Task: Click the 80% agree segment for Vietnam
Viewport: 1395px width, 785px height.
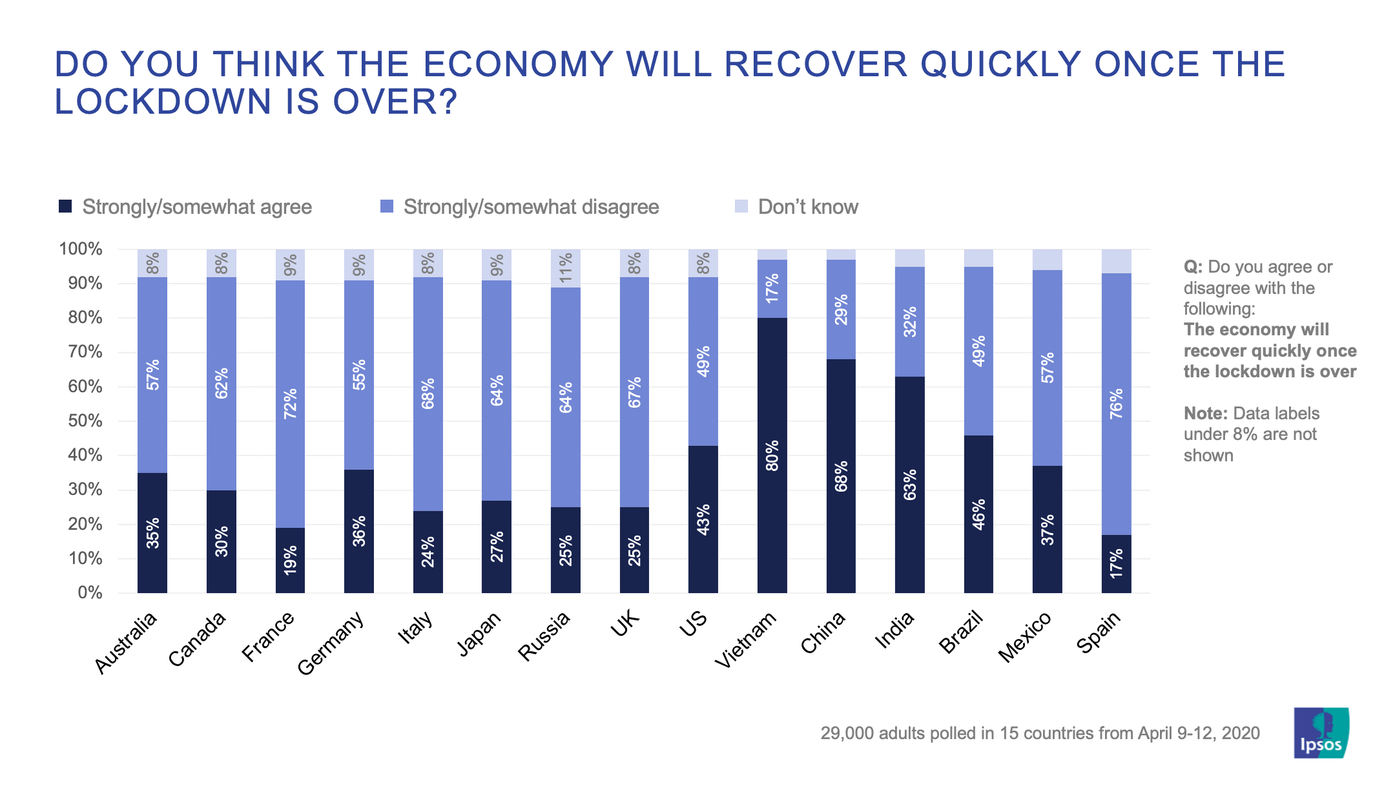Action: pyautogui.click(x=772, y=455)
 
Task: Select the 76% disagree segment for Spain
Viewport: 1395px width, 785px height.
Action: pyautogui.click(x=1116, y=404)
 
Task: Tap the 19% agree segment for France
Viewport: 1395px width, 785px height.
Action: pyautogui.click(x=290, y=560)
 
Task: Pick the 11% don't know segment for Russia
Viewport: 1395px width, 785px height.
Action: pyautogui.click(x=566, y=267)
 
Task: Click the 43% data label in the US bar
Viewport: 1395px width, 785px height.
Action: pyautogui.click(x=703, y=519)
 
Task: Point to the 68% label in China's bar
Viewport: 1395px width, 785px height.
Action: pyautogui.click(x=841, y=476)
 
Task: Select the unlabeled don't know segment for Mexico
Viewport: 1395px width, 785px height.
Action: pyautogui.click(x=1047, y=259)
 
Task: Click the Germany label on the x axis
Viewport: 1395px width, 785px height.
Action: pyautogui.click(x=331, y=642)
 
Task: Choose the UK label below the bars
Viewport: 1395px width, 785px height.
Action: pyautogui.click(x=625, y=624)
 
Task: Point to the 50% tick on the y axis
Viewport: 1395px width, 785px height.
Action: pyautogui.click(x=81, y=421)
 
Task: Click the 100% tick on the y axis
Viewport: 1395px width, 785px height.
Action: pyautogui.click(x=81, y=249)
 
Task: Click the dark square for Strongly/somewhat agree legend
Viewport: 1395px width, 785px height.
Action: pyautogui.click(x=65, y=206)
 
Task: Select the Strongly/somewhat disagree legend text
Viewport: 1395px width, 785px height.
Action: pyautogui.click(x=531, y=207)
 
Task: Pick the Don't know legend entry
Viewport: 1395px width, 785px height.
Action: pyautogui.click(x=807, y=207)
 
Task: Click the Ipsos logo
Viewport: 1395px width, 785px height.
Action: pyautogui.click(x=1321, y=733)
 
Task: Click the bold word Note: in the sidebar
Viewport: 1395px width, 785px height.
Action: pyautogui.click(x=1205, y=413)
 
